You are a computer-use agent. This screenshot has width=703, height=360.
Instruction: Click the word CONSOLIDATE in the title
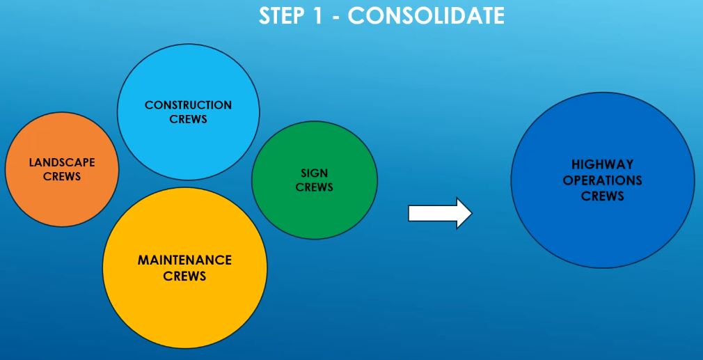pyautogui.click(x=426, y=16)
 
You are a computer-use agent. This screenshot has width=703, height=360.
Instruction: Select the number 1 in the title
pyautogui.click(x=317, y=16)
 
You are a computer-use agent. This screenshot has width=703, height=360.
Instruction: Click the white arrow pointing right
pyautogui.click(x=440, y=213)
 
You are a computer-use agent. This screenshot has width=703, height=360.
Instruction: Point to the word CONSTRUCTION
pyautogui.click(x=189, y=105)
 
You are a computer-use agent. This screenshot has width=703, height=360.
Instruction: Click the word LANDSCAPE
pyautogui.click(x=62, y=162)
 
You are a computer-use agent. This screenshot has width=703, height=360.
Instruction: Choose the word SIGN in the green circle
pyautogui.click(x=315, y=173)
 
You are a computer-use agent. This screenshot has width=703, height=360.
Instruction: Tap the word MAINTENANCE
pyautogui.click(x=184, y=260)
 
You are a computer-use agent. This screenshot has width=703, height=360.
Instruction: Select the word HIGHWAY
pyautogui.click(x=603, y=164)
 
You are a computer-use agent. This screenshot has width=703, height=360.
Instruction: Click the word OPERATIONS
pyautogui.click(x=603, y=180)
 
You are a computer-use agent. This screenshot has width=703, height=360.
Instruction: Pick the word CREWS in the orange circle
pyautogui.click(x=62, y=177)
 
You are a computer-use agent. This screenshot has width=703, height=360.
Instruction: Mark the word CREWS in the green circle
pyautogui.click(x=315, y=187)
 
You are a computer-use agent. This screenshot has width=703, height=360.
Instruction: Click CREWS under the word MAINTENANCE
pyautogui.click(x=184, y=276)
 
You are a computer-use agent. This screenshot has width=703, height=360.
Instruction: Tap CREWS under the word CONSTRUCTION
pyautogui.click(x=189, y=119)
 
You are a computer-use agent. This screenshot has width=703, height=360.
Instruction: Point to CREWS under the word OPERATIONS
pyautogui.click(x=603, y=196)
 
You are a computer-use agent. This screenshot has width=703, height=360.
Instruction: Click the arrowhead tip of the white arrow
pyautogui.click(x=472, y=213)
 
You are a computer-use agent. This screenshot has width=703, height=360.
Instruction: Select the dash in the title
pyautogui.click(x=335, y=17)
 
